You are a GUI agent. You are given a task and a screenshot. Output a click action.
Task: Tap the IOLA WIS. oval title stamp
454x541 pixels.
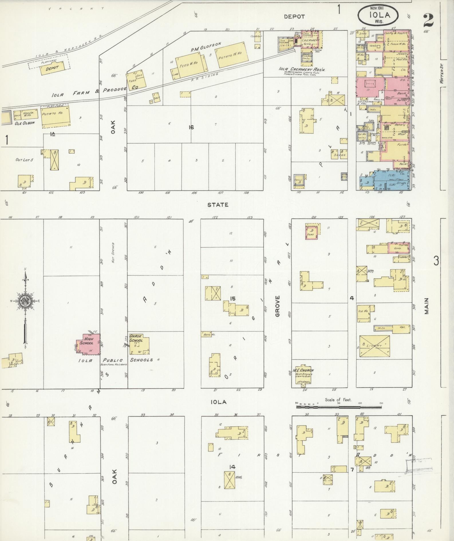click(x=378, y=15)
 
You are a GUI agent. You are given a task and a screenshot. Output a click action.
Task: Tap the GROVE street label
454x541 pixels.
click(x=277, y=306)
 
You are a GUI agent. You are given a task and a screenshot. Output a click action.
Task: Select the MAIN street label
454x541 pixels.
click(x=427, y=306)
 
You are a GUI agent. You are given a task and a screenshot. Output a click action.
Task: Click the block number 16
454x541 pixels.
click(x=191, y=127)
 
